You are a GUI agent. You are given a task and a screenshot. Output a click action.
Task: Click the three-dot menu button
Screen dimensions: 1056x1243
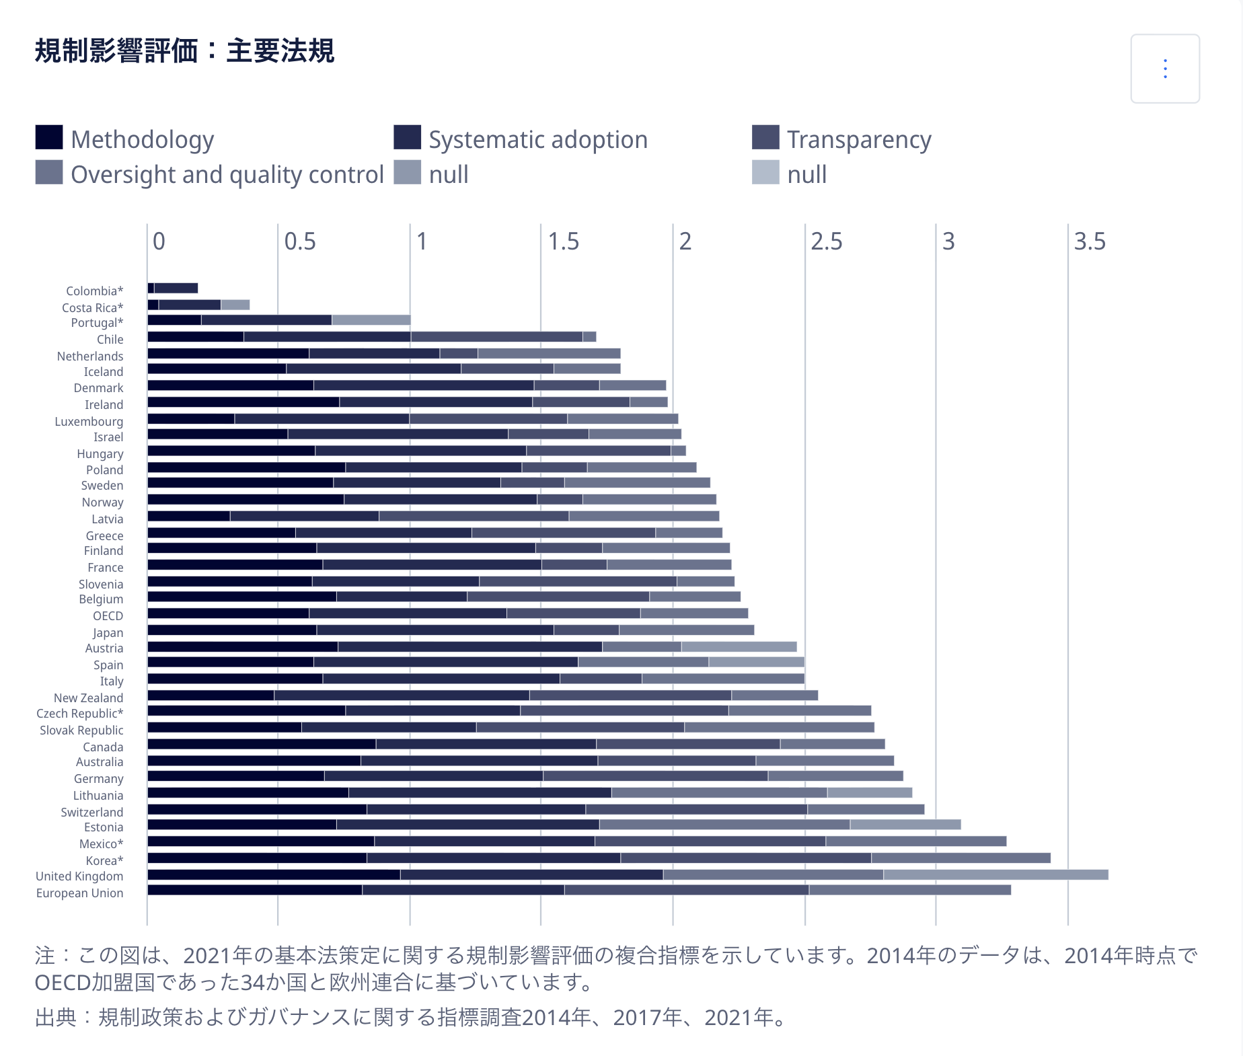tap(1165, 69)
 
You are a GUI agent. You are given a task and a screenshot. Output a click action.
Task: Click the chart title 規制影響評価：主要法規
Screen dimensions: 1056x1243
tap(184, 51)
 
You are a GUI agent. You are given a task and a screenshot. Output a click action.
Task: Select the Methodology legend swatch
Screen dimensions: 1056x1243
tap(49, 138)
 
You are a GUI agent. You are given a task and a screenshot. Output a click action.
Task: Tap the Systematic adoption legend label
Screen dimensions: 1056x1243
tap(538, 140)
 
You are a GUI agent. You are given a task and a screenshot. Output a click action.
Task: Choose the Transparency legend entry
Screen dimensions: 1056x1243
tap(859, 140)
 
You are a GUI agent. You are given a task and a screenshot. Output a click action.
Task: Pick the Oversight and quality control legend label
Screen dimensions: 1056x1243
tap(227, 175)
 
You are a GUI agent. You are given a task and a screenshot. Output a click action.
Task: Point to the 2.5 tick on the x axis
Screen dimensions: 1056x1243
tap(826, 241)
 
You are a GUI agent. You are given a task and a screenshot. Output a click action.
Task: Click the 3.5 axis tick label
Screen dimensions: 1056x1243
tap(1089, 241)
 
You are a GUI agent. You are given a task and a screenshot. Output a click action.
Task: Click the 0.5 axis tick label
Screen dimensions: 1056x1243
tap(300, 241)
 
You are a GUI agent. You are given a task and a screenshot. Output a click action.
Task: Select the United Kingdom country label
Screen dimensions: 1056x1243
tap(79, 876)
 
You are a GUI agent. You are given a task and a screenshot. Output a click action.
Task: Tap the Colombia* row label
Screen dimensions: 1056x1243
tap(95, 291)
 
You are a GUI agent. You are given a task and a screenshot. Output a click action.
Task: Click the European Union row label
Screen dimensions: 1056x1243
tap(79, 893)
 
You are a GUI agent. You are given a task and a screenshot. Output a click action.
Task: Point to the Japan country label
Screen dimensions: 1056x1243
tap(108, 633)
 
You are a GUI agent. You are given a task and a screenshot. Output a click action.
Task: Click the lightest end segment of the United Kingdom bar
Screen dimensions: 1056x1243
tap(995, 875)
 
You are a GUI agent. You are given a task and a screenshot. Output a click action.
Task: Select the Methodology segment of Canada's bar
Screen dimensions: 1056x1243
tap(261, 744)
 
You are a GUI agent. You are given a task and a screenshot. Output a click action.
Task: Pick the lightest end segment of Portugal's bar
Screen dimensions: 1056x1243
tap(371, 320)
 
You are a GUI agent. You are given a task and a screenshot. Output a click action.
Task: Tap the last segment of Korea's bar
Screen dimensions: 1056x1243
tap(961, 858)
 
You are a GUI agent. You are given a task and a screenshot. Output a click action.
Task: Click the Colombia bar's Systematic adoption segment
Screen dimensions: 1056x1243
tap(176, 289)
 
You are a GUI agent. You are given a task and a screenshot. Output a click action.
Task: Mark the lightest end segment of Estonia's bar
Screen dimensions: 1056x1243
tap(905, 825)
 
